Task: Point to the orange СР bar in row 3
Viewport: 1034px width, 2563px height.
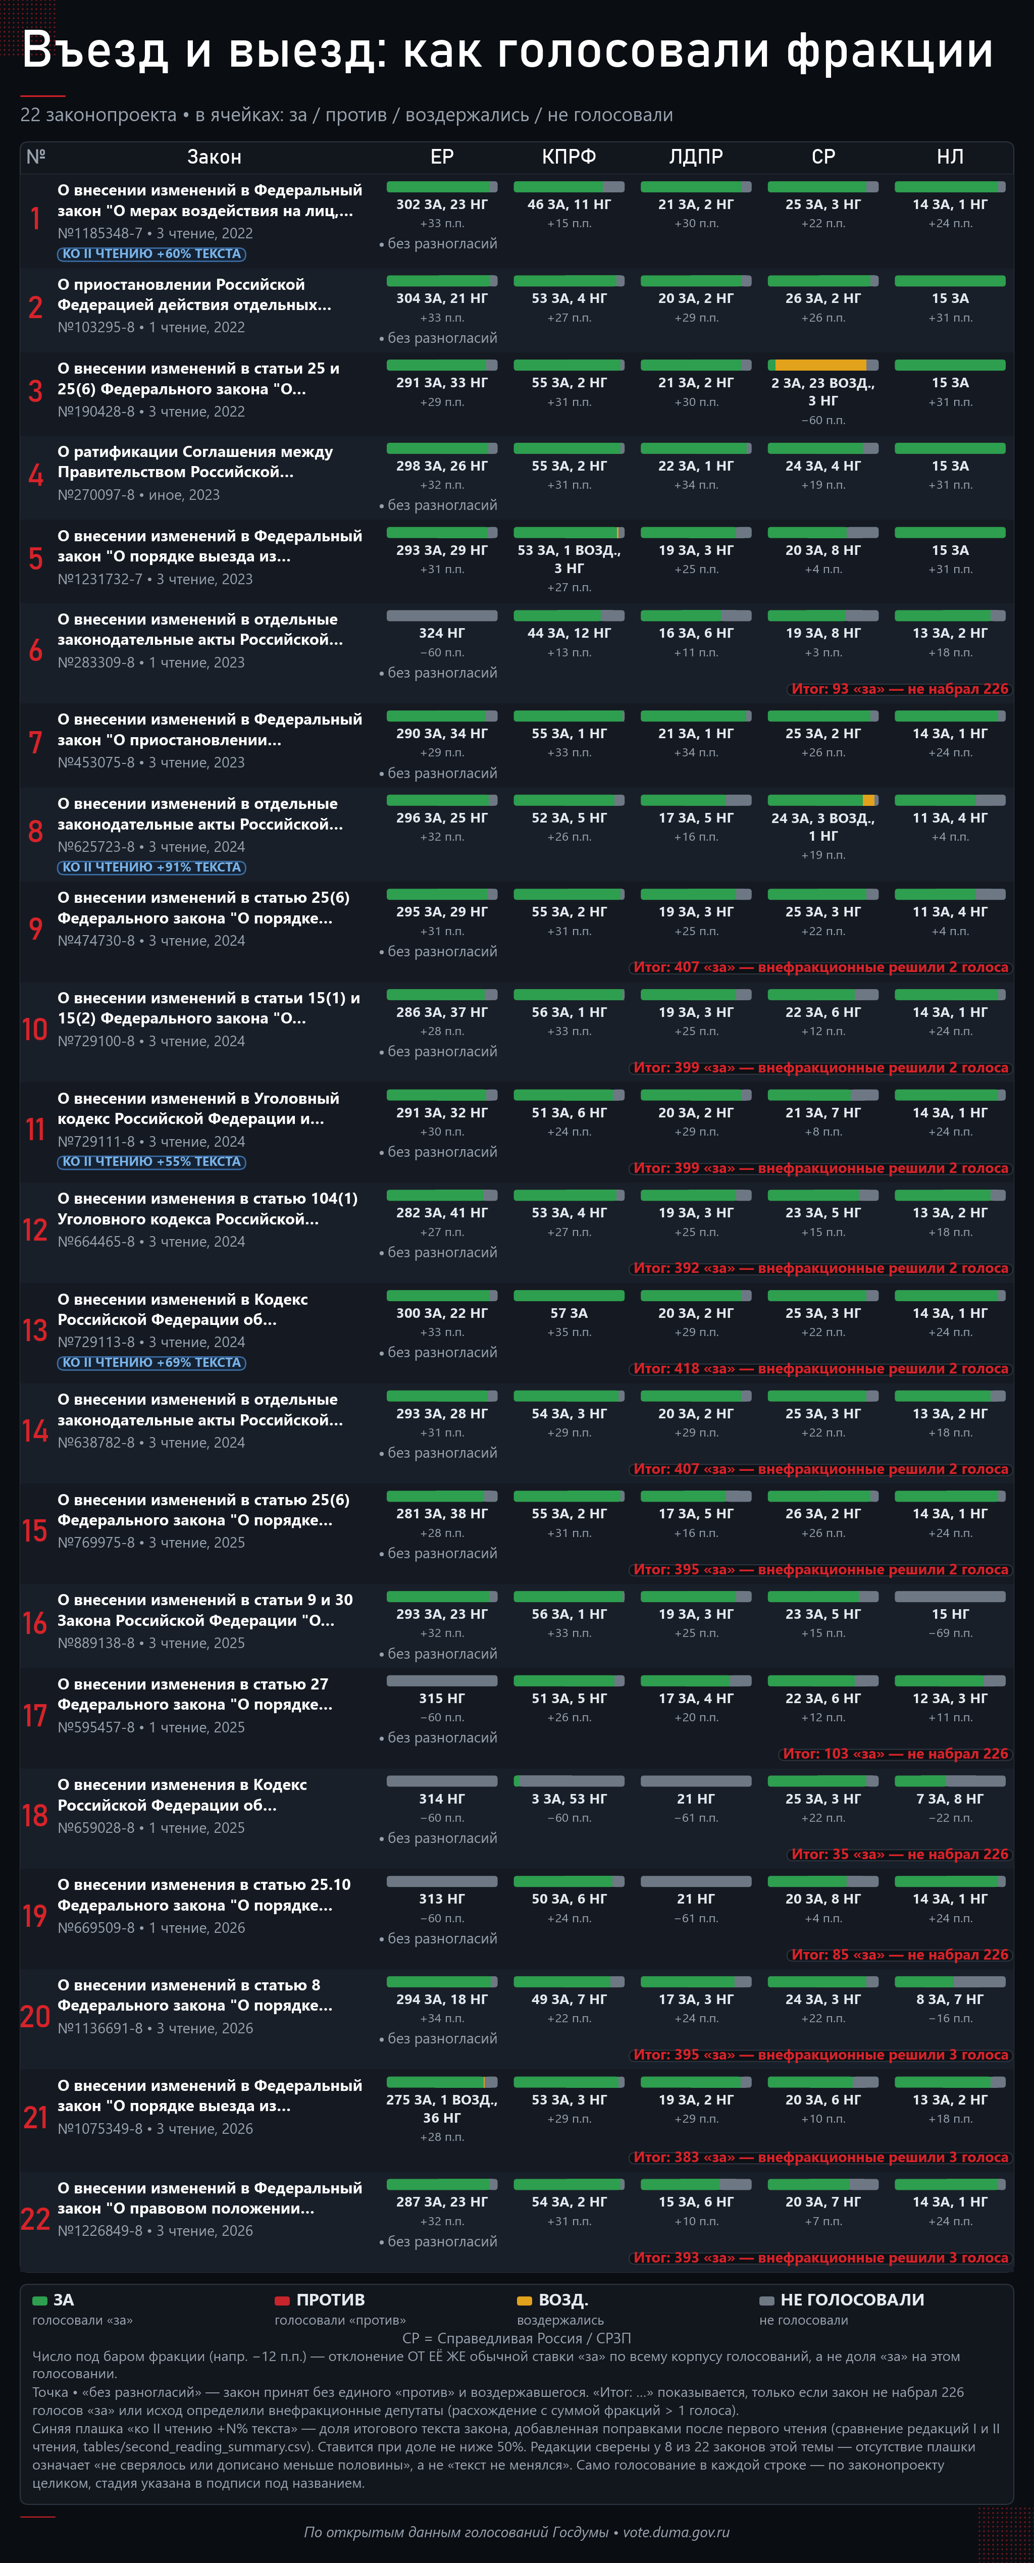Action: [820, 365]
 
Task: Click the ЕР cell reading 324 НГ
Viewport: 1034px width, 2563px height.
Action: [442, 633]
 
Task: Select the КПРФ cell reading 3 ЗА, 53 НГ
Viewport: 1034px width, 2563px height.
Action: [568, 1799]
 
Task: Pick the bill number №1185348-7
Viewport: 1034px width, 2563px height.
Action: [99, 233]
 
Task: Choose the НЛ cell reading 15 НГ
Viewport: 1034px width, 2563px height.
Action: [950, 1614]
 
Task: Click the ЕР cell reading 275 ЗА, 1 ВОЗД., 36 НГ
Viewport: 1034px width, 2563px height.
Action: [442, 2108]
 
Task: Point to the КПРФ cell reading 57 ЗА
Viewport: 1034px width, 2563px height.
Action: [568, 1313]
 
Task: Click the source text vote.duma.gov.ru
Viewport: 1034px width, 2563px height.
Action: [676, 2532]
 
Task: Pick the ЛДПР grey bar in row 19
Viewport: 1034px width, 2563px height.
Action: [696, 1881]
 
